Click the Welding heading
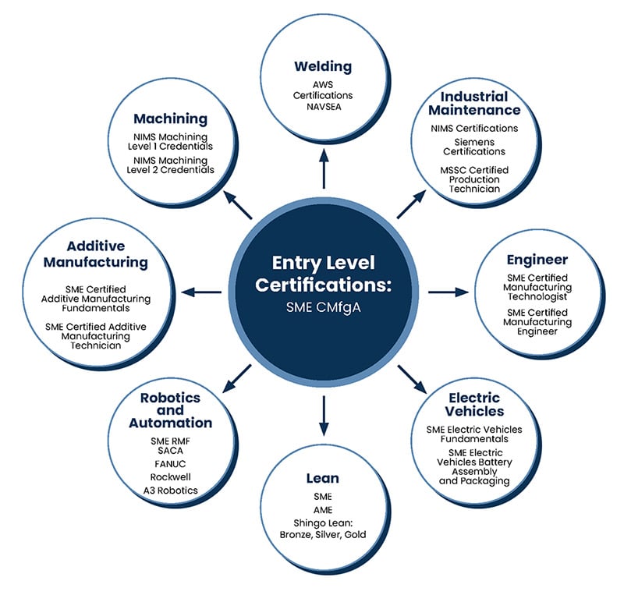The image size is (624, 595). [x=323, y=66]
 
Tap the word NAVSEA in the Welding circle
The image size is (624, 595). [x=324, y=107]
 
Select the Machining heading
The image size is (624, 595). [x=170, y=119]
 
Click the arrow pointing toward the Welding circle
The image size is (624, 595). [x=324, y=168]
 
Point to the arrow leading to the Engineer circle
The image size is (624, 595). [x=448, y=292]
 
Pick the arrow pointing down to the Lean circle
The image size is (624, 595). [x=324, y=416]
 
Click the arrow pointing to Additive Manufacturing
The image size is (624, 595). [x=201, y=292]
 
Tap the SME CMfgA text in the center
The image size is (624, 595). [x=324, y=308]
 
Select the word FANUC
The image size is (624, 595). [x=170, y=464]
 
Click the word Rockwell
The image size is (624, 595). [x=170, y=476]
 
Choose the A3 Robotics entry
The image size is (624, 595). [x=170, y=491]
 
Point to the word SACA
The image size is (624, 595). [x=170, y=451]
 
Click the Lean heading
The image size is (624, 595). [x=323, y=478]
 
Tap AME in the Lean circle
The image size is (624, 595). [x=323, y=510]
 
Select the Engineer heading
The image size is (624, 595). [x=537, y=260]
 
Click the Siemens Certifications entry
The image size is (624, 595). [x=474, y=147]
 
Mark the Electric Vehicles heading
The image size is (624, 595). [x=474, y=405]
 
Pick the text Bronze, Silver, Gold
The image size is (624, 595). [x=323, y=534]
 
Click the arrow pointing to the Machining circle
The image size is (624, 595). [x=238, y=204]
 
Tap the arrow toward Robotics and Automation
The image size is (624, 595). [x=237, y=378]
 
